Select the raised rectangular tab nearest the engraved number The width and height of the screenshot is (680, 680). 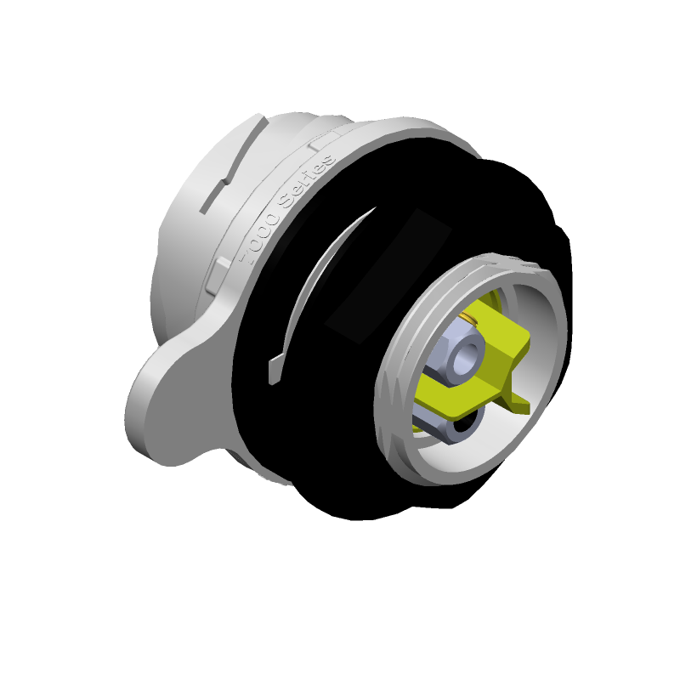click(x=218, y=273)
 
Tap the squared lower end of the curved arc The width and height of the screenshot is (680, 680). click(x=275, y=370)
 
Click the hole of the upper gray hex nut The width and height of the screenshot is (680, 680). click(x=466, y=358)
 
